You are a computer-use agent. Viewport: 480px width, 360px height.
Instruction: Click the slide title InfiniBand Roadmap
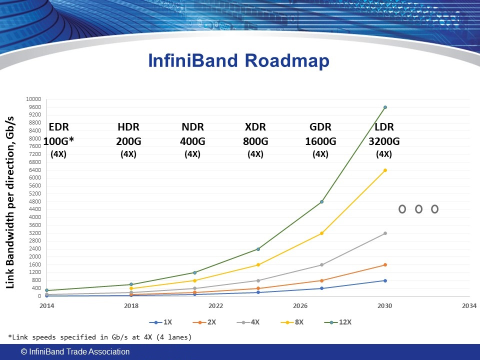pyautogui.click(x=239, y=61)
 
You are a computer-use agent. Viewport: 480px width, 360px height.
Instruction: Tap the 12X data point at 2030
pyautogui.click(x=385, y=107)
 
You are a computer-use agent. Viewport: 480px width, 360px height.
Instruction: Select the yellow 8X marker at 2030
pyautogui.click(x=385, y=170)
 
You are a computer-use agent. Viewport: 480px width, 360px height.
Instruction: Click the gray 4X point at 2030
pyautogui.click(x=385, y=233)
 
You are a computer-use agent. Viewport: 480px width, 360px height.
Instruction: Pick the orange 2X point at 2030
pyautogui.click(x=385, y=265)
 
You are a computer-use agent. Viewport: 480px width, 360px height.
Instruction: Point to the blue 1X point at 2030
pyautogui.click(x=385, y=280)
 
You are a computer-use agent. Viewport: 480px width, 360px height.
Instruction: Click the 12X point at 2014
pyautogui.click(x=46, y=290)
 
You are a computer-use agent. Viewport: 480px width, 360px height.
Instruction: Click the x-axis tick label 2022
pyautogui.click(x=215, y=305)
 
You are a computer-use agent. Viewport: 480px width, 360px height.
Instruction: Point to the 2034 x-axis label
pyautogui.click(x=469, y=305)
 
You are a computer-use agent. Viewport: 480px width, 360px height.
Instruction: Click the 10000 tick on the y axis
pyautogui.click(x=33, y=99)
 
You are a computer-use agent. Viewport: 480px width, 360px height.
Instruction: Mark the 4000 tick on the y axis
pyautogui.click(x=35, y=217)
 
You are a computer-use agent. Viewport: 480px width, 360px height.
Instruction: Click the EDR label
pyautogui.click(x=58, y=127)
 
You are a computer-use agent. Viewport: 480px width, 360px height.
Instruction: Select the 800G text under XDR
pyautogui.click(x=255, y=141)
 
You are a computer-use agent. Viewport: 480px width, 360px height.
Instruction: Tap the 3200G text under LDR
pyautogui.click(x=383, y=141)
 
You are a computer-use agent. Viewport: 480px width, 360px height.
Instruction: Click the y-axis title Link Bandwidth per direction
pyautogui.click(x=10, y=202)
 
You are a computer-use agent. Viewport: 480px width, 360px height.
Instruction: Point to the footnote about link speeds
pyautogui.click(x=100, y=337)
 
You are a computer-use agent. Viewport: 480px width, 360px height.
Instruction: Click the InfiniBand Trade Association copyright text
pyautogui.click(x=75, y=352)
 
